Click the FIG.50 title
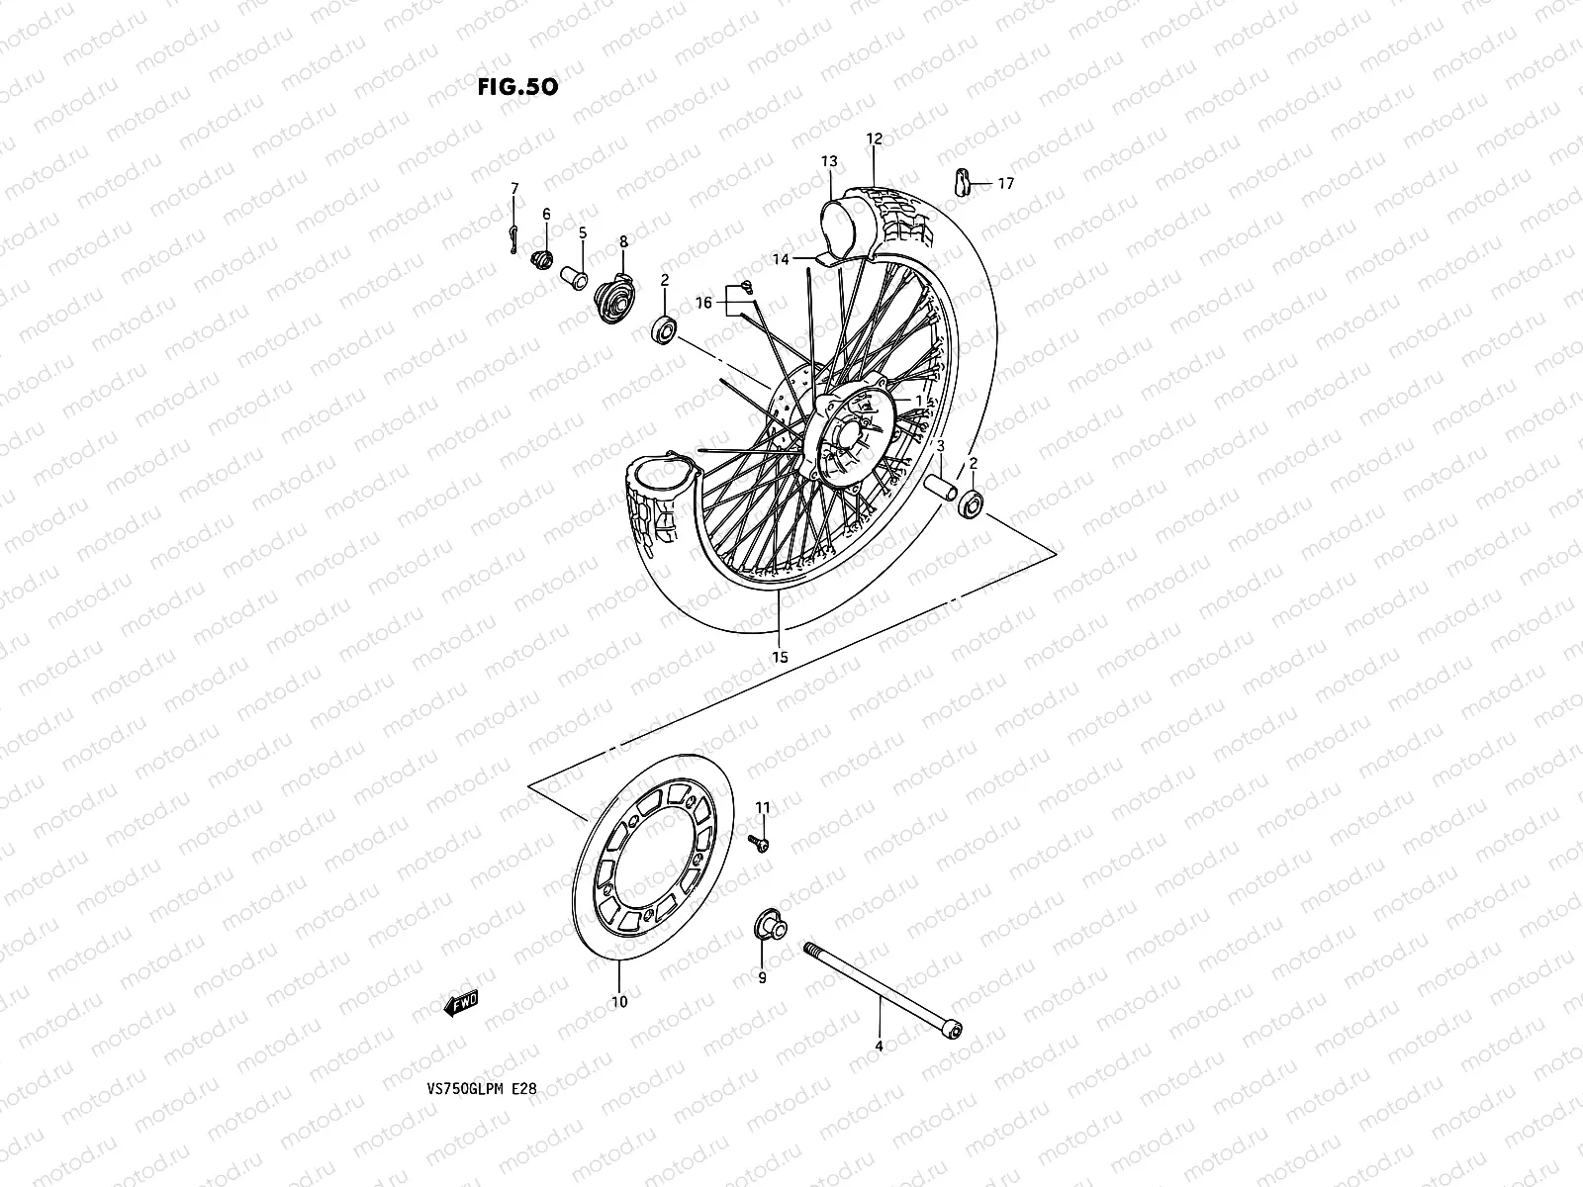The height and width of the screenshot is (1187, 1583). tap(517, 87)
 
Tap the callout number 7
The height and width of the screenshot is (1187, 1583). tap(541, 188)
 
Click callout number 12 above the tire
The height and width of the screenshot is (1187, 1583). tap(874, 139)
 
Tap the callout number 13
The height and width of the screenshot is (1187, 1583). tap(828, 161)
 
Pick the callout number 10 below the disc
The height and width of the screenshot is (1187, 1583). tap(620, 1001)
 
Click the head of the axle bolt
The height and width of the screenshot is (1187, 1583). tap(953, 1031)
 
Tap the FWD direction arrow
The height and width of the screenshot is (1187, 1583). tap(461, 1005)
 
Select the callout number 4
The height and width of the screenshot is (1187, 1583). tap(879, 1045)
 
